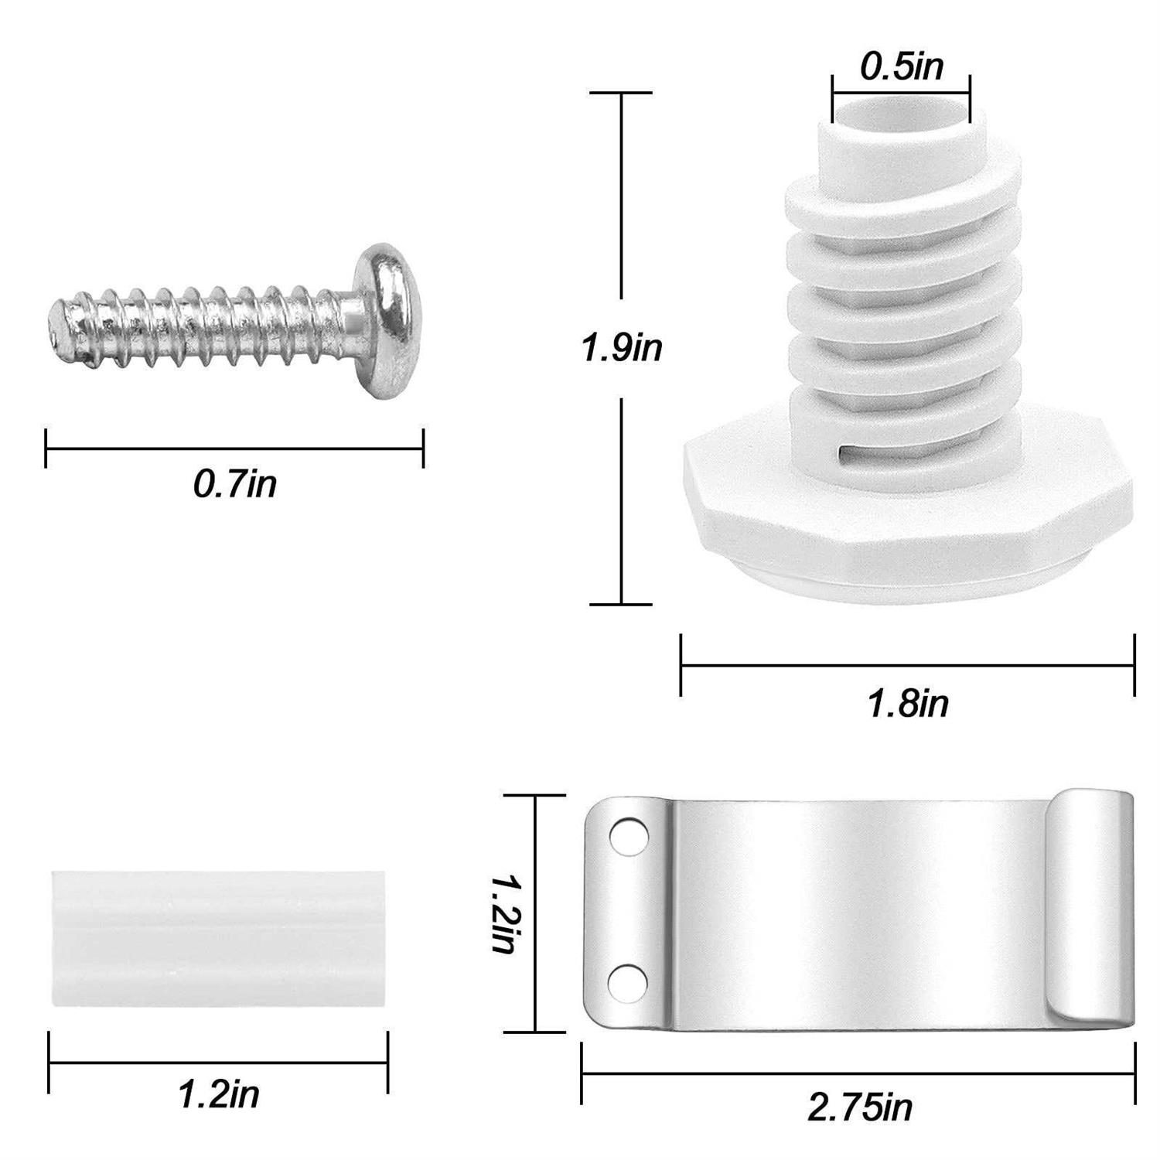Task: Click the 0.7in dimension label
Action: tap(234, 485)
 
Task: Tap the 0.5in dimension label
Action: tap(902, 67)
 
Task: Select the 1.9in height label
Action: tap(623, 348)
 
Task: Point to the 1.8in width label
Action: tap(908, 704)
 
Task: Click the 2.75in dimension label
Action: tap(860, 1108)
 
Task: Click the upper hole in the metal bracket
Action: tap(623, 835)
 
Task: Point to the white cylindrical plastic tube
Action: tap(219, 939)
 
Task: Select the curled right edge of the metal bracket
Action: tap(1090, 913)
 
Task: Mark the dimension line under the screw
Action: tap(234, 448)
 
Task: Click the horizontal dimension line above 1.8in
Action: tap(908, 664)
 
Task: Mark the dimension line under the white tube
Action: tap(219, 1062)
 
